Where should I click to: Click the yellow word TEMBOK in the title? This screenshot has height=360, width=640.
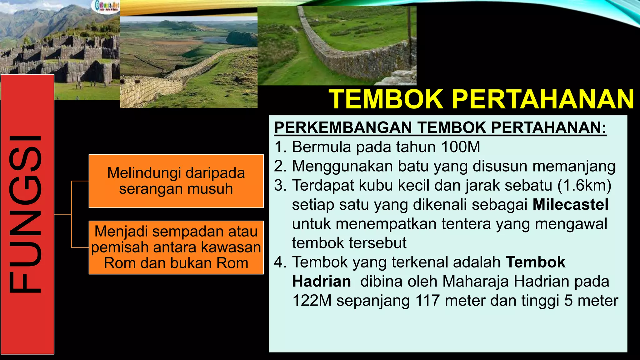click(386, 99)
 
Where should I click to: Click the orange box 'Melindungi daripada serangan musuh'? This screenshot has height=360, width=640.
click(176, 181)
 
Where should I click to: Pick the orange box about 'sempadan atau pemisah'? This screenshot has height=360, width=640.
click(176, 247)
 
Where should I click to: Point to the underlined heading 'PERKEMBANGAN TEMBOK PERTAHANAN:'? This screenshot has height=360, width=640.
click(440, 127)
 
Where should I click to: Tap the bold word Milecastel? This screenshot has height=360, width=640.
click(570, 205)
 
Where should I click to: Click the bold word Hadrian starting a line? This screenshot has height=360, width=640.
click(321, 281)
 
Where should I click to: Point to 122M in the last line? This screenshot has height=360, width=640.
click(312, 301)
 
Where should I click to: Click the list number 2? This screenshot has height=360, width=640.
click(280, 166)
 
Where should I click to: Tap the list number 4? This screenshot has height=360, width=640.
click(280, 262)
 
